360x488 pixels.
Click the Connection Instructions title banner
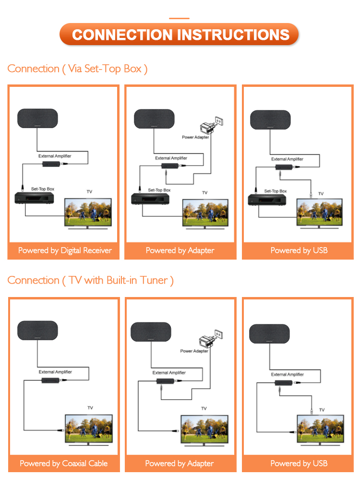[x=180, y=35]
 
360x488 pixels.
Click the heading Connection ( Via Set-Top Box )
[x=77, y=69]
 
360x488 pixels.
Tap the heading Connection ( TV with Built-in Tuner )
[x=90, y=280]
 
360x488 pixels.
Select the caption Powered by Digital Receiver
[x=65, y=250]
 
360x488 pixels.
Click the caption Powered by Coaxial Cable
[x=63, y=464]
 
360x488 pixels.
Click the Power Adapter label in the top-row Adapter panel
[x=195, y=137]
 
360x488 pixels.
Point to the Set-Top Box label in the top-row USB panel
[x=276, y=191]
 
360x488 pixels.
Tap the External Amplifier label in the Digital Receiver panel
[x=55, y=156]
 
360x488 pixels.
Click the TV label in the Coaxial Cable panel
[x=90, y=407]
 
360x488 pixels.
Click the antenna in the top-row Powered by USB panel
[x=270, y=119]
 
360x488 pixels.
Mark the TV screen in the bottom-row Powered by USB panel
[x=321, y=427]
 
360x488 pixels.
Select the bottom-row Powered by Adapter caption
[x=180, y=464]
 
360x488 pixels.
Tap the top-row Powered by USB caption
[x=299, y=250]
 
